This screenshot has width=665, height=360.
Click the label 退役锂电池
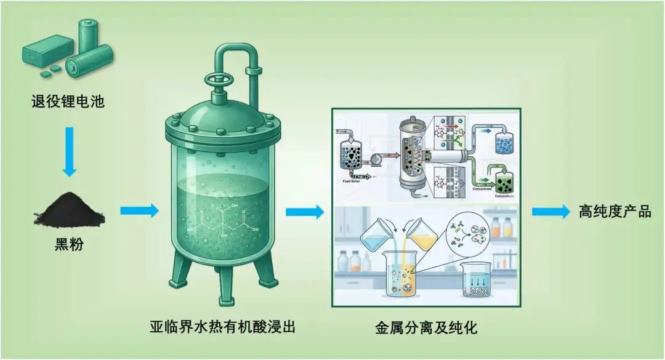click(x=68, y=101)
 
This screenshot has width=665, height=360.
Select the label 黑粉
click(x=68, y=245)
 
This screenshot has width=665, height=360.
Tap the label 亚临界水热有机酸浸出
click(x=223, y=326)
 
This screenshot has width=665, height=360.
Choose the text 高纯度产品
click(x=615, y=212)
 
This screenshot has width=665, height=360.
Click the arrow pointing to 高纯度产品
click(x=550, y=212)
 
